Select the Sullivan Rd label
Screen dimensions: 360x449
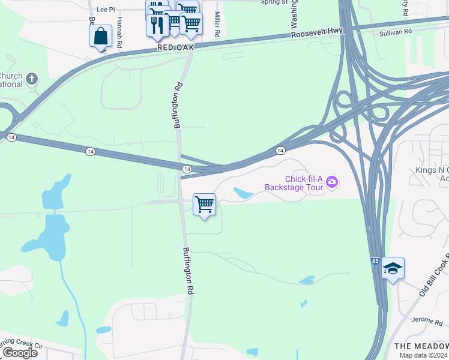click(396, 31)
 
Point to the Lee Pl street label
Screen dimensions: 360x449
click(105, 10)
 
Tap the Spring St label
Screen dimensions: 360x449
click(274, 2)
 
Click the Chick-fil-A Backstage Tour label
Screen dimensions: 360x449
click(294, 183)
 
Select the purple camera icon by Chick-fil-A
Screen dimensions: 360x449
click(332, 181)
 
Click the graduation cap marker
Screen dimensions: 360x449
click(393, 268)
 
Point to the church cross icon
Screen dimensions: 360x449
click(31, 78)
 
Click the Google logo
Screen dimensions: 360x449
click(19, 352)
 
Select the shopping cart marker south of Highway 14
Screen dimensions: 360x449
click(204, 205)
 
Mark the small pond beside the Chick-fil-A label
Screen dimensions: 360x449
click(244, 193)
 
